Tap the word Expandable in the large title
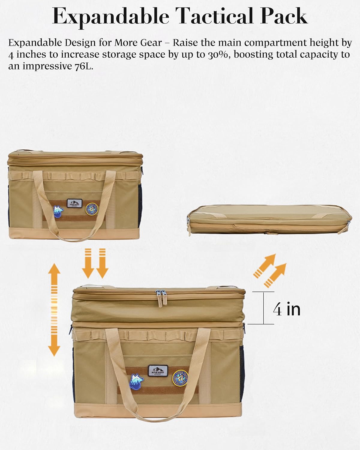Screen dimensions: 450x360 point(111,17)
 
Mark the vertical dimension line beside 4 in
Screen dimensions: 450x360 point(264,308)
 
